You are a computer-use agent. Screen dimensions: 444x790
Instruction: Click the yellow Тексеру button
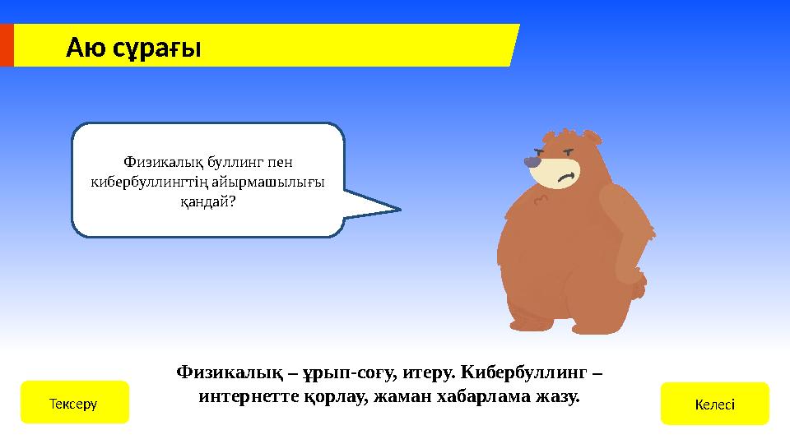74,403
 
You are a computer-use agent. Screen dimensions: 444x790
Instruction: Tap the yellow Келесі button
714,404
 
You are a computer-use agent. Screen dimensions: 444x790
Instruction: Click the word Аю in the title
86,49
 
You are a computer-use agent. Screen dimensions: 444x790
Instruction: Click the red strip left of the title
7,44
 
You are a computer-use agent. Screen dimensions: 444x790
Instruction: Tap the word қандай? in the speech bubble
207,201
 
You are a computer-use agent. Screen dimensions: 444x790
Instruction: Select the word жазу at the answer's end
558,396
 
